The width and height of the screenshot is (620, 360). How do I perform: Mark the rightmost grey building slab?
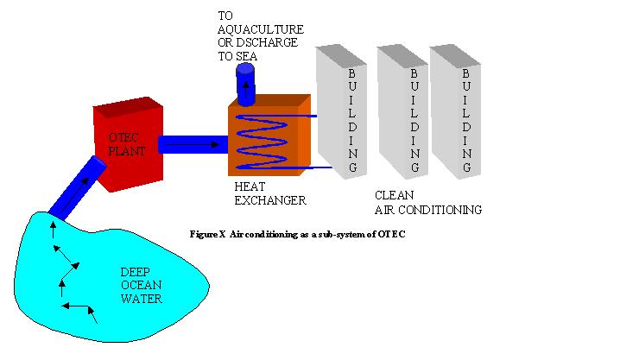coord(458,112)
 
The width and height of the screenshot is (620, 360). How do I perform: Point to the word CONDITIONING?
coord(445,209)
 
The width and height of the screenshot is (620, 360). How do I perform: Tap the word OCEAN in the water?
coord(139,286)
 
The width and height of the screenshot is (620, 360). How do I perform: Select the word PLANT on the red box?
coord(126,150)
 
